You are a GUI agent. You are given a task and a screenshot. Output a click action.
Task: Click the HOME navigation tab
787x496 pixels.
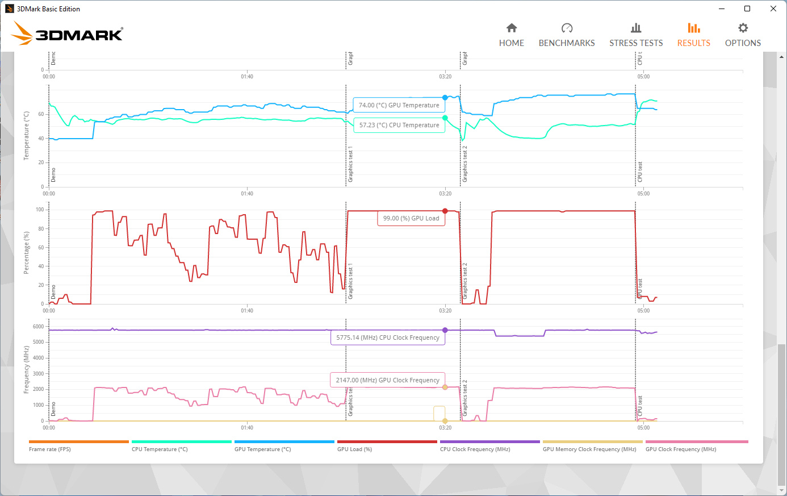click(x=512, y=35)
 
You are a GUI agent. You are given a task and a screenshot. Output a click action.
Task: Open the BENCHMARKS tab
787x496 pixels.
click(x=567, y=35)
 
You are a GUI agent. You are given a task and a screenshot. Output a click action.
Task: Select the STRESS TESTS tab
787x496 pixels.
click(x=636, y=35)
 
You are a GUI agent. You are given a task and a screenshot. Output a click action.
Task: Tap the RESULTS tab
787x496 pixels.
click(x=693, y=35)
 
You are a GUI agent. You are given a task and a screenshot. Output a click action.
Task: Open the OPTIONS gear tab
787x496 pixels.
click(x=743, y=35)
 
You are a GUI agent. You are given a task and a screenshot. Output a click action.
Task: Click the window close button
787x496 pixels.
click(x=773, y=9)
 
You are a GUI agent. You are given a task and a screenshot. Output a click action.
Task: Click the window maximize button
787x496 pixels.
click(x=747, y=9)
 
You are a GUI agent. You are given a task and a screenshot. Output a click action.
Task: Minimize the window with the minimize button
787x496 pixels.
click(x=722, y=9)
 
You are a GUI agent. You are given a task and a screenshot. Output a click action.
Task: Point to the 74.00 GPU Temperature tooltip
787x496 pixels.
click(x=399, y=105)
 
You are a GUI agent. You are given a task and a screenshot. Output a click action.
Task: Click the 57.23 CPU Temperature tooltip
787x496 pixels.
click(x=399, y=125)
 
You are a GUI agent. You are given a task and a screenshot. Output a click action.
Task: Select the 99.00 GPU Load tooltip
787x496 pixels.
click(x=411, y=218)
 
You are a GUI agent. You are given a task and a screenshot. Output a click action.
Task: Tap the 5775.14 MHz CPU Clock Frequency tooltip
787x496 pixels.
click(x=387, y=337)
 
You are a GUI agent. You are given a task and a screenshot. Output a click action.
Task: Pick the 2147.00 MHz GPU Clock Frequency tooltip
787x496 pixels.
click(x=387, y=380)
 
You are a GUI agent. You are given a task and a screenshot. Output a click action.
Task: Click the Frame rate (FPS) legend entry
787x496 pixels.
click(x=50, y=449)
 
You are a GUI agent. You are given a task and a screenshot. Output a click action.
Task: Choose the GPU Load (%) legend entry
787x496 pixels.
click(x=354, y=449)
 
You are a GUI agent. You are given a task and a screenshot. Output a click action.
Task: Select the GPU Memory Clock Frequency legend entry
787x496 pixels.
click(x=589, y=449)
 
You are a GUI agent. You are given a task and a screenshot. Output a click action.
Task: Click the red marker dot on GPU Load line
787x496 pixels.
click(x=445, y=211)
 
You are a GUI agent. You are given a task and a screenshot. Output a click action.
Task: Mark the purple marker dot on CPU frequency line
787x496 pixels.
click(x=445, y=330)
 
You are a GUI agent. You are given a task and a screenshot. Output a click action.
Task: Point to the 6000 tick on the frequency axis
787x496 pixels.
click(x=38, y=327)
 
